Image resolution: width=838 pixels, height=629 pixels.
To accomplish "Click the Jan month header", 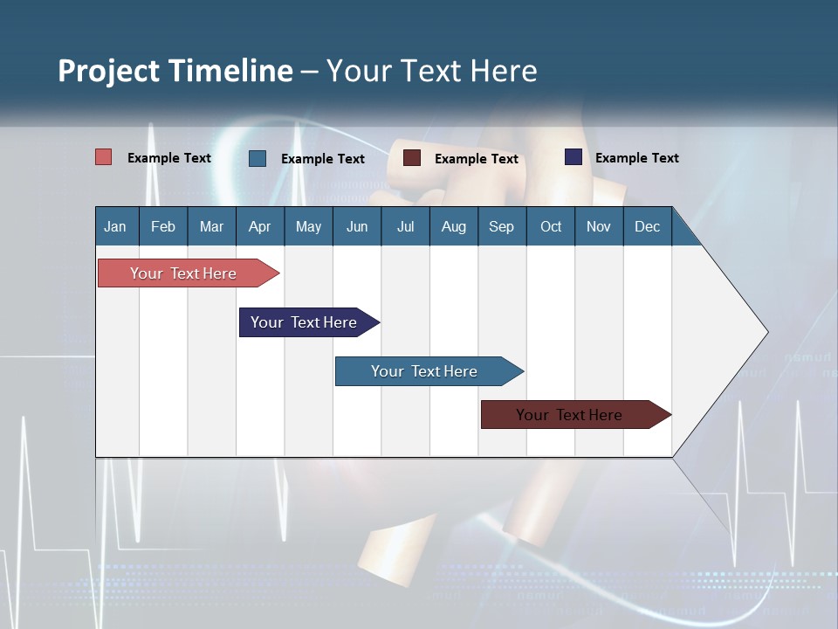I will pos(115,226).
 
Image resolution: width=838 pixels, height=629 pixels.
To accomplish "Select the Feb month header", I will pos(163,226).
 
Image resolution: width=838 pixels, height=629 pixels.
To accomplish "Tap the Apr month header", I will pos(259,226).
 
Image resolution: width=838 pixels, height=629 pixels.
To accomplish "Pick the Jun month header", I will pos(357,226).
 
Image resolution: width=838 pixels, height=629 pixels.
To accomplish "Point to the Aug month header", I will pos(453,226).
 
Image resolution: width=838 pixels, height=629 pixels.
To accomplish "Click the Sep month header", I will pos(501,226).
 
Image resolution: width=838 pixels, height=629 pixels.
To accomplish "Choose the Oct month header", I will pos(551,226).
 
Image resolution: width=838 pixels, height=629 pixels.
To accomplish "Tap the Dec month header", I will pos(647,226).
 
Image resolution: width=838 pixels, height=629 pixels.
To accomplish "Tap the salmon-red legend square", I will pos(104,157).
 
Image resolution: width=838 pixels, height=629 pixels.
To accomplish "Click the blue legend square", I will pos(258,158).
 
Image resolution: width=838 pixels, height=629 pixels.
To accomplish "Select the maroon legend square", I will pos(412,158).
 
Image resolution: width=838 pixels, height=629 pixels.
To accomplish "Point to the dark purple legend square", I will pos(574,157).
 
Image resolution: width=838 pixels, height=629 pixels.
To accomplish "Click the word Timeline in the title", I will pos(230,71).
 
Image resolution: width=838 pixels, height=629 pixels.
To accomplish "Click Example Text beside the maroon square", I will pos(476,158).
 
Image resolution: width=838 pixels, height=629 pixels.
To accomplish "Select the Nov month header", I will pos(598,226).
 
